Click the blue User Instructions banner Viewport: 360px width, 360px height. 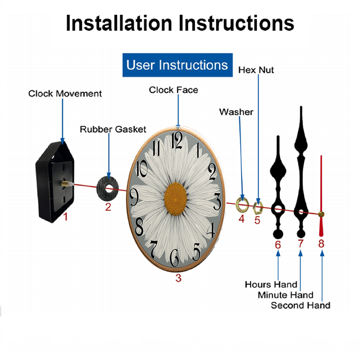[x=177, y=65]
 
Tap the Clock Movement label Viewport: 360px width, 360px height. [x=65, y=94]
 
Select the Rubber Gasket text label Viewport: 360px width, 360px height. [x=113, y=129]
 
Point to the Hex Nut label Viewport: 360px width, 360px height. [x=256, y=70]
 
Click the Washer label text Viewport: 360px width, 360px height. [x=236, y=112]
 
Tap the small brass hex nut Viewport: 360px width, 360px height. [x=258, y=208]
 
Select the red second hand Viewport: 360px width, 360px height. [x=321, y=196]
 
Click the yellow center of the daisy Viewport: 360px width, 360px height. [x=175, y=199]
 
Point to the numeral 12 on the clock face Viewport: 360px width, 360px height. [x=177, y=140]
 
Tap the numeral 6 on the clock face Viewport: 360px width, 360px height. [x=175, y=258]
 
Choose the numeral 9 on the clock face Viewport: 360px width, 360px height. [x=134, y=197]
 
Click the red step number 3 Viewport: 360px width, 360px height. [x=179, y=278]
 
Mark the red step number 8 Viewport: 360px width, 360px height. [x=321, y=244]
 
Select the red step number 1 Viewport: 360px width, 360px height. [x=66, y=216]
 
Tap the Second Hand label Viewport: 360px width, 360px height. [x=301, y=305]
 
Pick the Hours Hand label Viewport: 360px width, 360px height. [x=271, y=284]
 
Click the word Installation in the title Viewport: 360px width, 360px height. [x=119, y=23]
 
